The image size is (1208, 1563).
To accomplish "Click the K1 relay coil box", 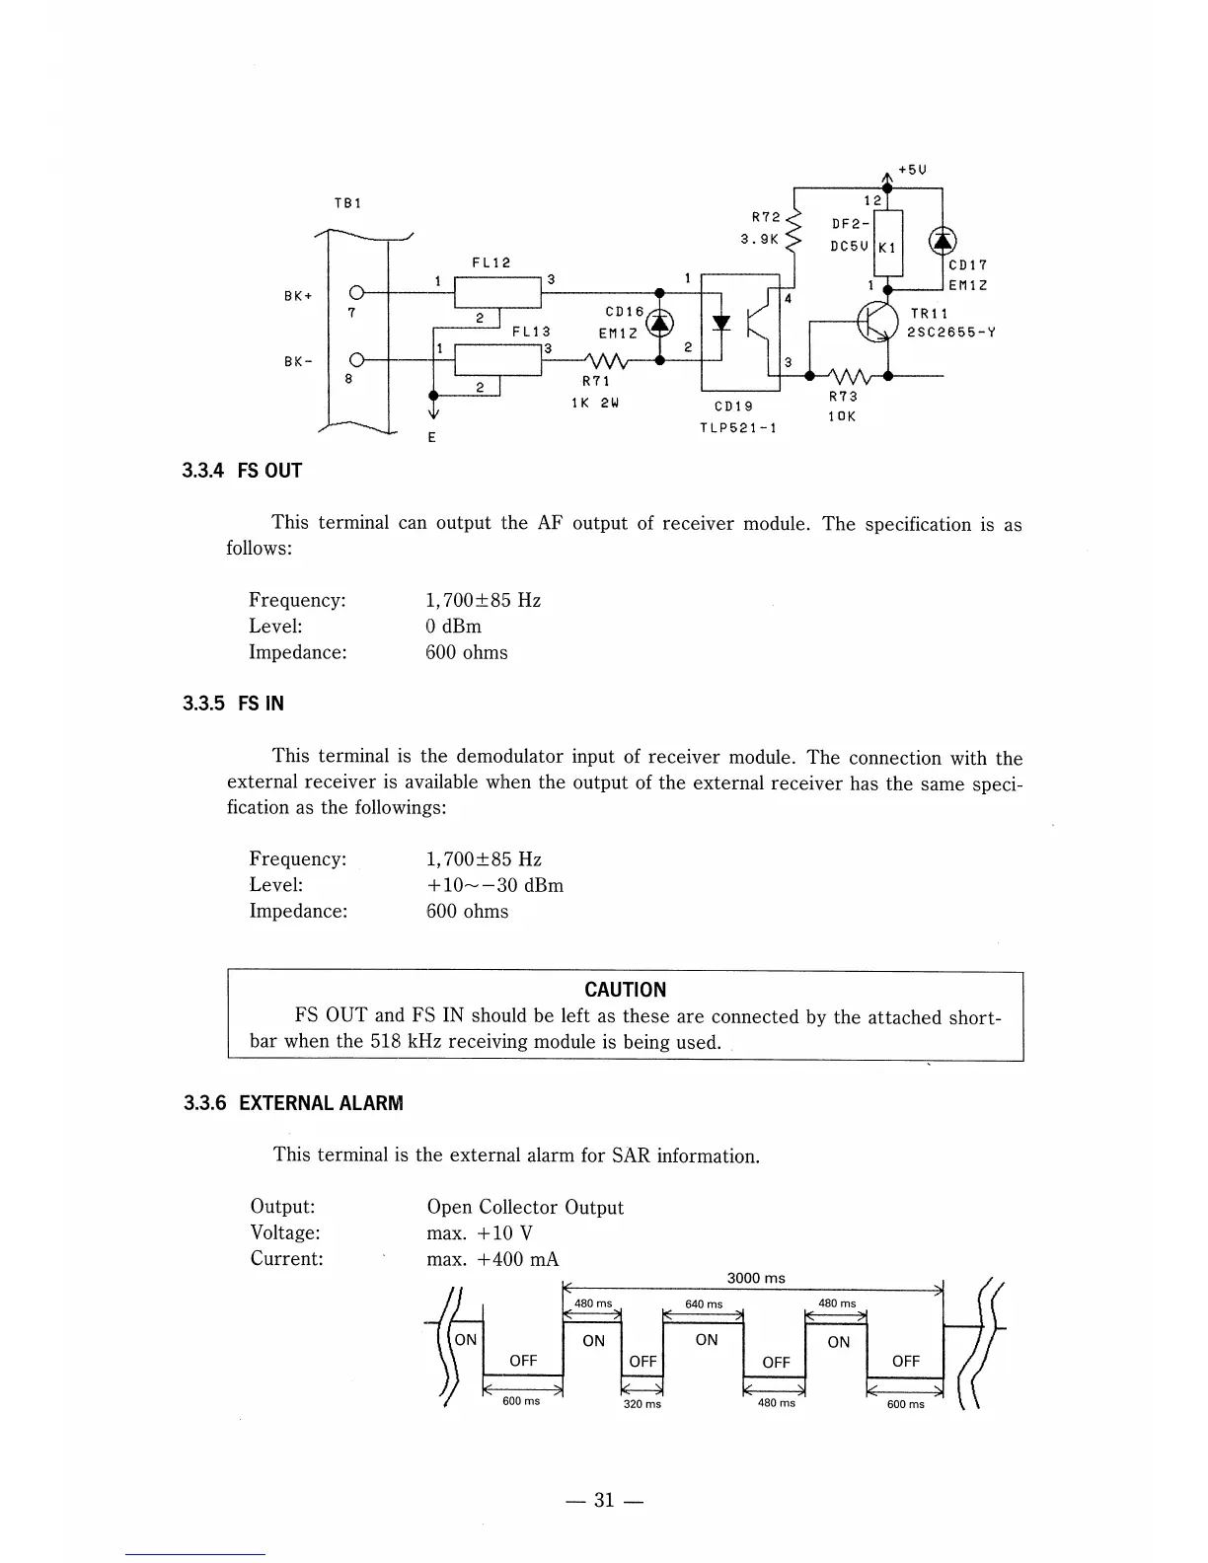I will [x=888, y=246].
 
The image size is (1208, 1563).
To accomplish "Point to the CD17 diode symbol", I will [x=943, y=241].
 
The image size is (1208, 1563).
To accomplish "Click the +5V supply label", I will [x=911, y=169].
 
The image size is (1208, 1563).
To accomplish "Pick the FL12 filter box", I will [x=496, y=292].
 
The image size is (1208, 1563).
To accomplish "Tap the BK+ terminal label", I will [x=297, y=296].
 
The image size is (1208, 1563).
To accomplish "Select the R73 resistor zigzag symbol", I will [x=848, y=376].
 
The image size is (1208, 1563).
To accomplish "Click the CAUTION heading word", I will [x=625, y=990].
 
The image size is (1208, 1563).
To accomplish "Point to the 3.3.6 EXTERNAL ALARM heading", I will [x=293, y=1102].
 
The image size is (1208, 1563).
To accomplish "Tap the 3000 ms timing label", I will [x=755, y=1278].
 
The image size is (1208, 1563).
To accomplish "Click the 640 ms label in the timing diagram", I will [x=704, y=1303].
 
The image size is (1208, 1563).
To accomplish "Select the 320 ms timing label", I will [x=642, y=1403].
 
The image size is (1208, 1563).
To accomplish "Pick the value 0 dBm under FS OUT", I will [x=453, y=627].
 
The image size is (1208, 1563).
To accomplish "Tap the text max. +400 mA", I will [x=492, y=1259].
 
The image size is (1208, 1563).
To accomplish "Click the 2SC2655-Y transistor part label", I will [x=951, y=332].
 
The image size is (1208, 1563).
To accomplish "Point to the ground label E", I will [x=432, y=437].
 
